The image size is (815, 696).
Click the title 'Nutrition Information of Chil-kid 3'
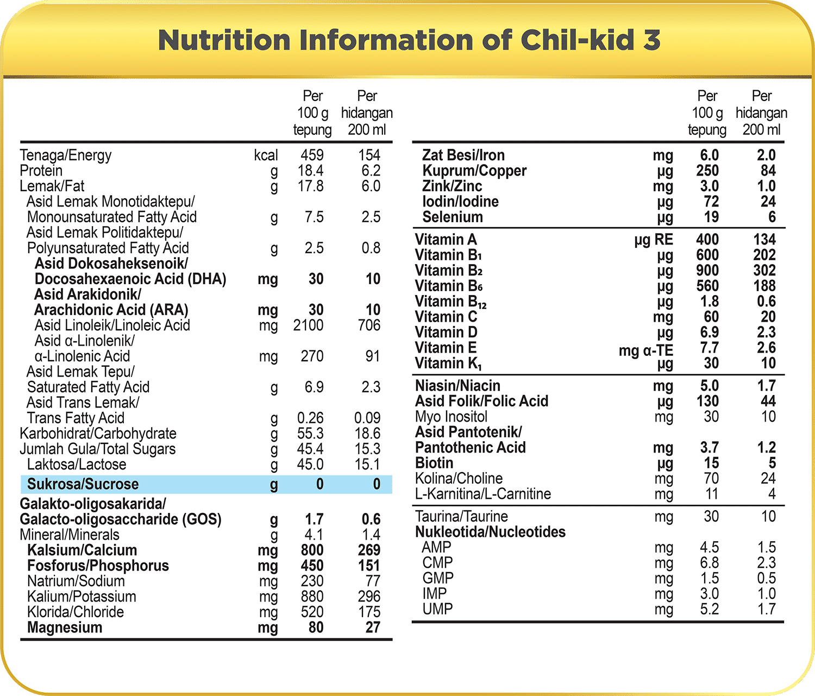point(409,41)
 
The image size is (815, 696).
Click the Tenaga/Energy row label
point(65,155)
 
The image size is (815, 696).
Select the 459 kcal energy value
point(312,155)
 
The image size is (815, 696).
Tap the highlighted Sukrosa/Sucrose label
point(83,484)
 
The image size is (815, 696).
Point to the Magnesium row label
point(65,628)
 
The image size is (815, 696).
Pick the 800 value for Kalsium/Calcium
point(312,550)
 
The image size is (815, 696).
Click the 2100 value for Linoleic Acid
point(308,325)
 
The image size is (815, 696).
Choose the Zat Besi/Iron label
point(463,155)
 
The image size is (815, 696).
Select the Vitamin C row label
point(446,317)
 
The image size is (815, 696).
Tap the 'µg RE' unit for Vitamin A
point(654,240)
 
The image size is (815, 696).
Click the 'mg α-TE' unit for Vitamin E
point(645,350)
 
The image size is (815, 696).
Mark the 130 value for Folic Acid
point(707,402)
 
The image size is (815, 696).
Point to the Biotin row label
point(434,463)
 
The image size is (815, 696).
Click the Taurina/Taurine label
point(461,516)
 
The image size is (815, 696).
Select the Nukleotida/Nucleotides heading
point(490,532)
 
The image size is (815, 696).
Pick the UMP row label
point(437,609)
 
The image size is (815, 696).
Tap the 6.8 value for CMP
point(709,563)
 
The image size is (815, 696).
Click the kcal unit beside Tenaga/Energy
point(266,155)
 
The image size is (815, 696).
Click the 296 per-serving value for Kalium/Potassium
point(369,597)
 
